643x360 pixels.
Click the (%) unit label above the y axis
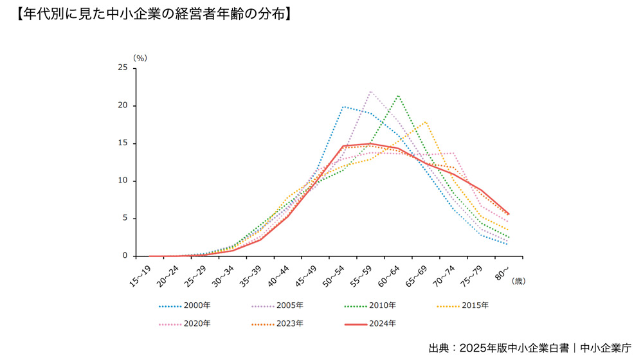click(140, 58)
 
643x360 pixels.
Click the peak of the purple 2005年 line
click(371, 91)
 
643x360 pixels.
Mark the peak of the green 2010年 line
click(399, 95)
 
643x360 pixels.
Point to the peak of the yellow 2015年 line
click(426, 122)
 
